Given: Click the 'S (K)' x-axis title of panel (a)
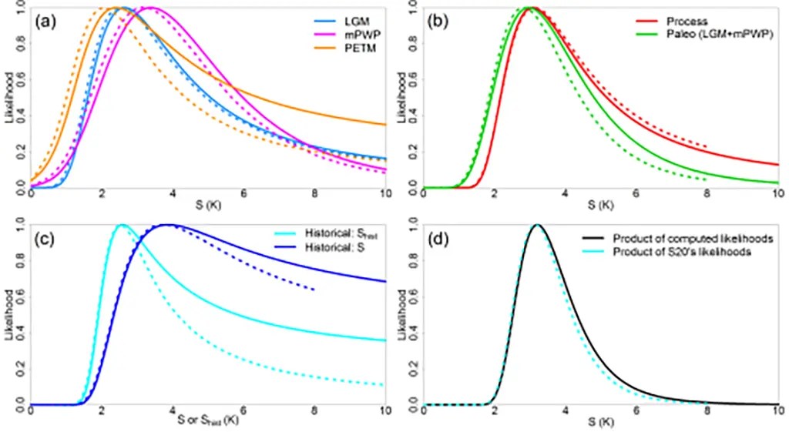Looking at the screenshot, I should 208,206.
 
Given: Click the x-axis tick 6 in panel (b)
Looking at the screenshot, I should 636,196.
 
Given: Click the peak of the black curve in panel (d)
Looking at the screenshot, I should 537,225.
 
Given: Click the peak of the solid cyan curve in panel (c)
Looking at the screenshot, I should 121,225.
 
